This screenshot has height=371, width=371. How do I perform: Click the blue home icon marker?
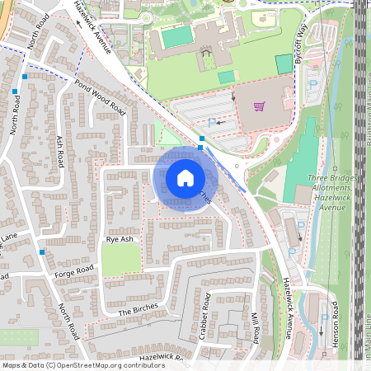coord(185,178)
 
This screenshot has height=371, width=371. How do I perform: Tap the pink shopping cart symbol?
coord(259,106)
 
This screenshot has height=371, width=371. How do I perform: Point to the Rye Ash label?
coord(120,239)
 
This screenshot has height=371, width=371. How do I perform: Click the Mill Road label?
coord(256,326)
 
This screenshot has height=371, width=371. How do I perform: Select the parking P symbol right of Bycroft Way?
coord(312,82)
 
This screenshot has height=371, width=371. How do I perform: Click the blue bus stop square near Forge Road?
coord(41,253)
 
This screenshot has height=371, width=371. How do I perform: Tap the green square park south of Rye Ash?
coord(120,261)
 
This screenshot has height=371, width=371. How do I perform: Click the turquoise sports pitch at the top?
coord(176,37)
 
